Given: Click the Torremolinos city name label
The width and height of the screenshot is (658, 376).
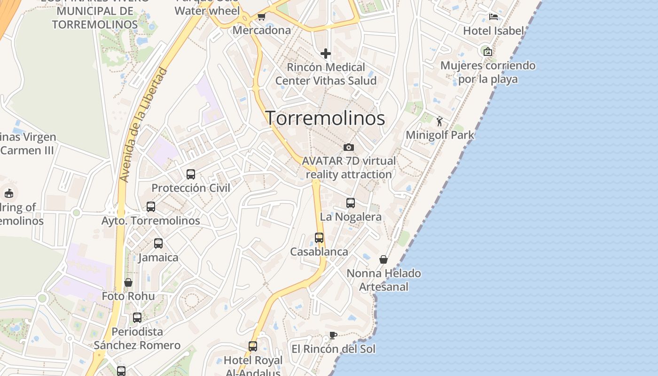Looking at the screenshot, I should pos(325,118).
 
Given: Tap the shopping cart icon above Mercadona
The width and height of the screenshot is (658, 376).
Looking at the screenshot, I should pos(261,17).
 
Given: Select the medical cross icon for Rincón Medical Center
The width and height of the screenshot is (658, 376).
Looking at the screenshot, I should pos(325,54).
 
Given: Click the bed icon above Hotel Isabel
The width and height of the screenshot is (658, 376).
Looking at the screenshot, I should pos(493,17).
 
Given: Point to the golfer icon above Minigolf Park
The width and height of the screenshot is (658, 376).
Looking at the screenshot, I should pos(439,121).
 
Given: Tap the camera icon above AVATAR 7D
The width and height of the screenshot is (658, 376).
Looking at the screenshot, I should pos(349,147).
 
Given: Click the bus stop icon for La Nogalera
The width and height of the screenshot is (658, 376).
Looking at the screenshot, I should pos(351,203).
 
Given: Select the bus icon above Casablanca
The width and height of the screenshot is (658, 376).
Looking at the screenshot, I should pos(319,238).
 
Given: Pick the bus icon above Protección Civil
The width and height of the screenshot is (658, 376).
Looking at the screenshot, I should pos(191,174).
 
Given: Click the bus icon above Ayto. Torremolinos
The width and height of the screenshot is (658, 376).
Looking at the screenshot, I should pos(151,207).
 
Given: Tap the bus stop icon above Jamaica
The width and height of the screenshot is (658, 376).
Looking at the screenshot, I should pos(158,243).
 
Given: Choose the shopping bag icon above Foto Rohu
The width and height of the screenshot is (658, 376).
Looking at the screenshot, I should pos(128,282).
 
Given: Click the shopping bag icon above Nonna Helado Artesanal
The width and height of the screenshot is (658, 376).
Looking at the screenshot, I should pos(384,259).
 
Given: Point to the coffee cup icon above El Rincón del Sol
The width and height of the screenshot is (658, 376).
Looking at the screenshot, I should pos(333,335).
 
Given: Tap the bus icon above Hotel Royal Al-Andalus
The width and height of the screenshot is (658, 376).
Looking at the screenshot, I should pos(253,346).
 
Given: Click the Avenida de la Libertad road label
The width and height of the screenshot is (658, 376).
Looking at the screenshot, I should pos(143,125).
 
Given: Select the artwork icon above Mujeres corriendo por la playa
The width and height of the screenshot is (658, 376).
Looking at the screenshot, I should pos(488,52).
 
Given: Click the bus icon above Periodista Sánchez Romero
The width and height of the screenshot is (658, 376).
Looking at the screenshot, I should pos(137,318).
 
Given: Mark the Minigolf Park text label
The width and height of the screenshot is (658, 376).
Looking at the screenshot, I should pos(440,135).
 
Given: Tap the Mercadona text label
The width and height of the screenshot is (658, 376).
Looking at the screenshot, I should pos(262,31).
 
